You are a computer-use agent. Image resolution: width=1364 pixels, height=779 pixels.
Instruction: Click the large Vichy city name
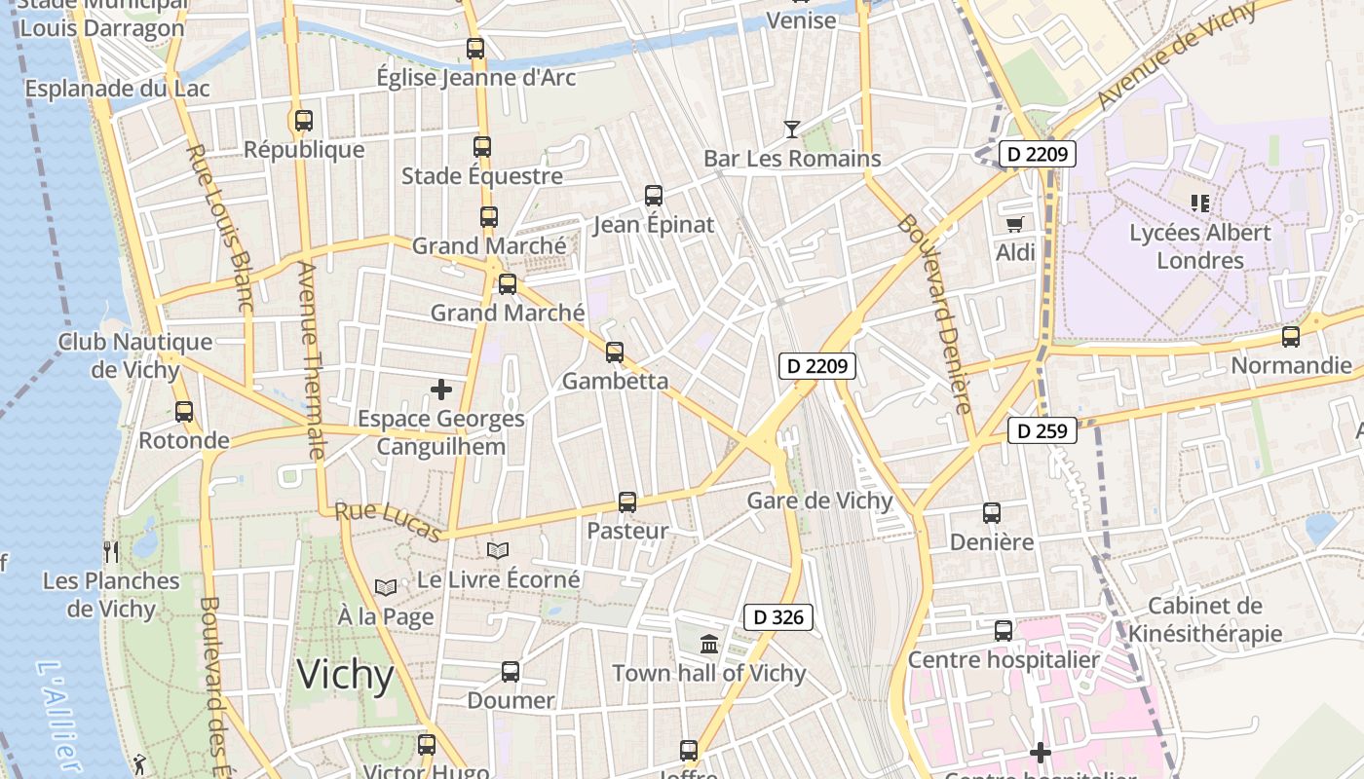345,675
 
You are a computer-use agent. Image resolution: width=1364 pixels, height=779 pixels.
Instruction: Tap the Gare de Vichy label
819,501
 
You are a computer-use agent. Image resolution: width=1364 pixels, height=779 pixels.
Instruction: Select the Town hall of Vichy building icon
709,644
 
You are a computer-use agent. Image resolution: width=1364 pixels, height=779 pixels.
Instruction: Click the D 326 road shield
777,616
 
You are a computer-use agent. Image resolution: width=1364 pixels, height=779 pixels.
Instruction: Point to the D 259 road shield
1042,430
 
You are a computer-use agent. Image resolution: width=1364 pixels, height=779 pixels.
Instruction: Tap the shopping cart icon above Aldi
1014,224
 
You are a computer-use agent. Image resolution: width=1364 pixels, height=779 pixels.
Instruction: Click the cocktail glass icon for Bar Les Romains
791,129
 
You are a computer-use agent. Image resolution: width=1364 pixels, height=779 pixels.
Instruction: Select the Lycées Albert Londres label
1200,246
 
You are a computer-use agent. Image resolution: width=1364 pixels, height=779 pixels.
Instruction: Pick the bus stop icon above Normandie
1291,337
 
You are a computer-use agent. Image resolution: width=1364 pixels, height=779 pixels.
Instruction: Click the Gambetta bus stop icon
615,352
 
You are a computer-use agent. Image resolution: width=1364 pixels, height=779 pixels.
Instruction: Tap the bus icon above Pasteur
627,502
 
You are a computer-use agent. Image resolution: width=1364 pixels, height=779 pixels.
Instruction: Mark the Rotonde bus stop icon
184,411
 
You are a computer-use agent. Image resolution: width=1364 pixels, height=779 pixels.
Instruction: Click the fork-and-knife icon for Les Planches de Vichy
111,552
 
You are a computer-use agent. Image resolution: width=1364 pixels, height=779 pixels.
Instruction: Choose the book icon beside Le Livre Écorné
498,551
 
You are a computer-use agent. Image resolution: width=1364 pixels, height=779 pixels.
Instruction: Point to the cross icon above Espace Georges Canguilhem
441,389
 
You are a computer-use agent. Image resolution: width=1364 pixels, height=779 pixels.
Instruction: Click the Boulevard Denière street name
936,314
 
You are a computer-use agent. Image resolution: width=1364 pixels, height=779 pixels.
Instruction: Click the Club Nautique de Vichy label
135,355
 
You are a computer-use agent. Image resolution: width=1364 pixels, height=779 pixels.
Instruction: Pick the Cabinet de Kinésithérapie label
1205,620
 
